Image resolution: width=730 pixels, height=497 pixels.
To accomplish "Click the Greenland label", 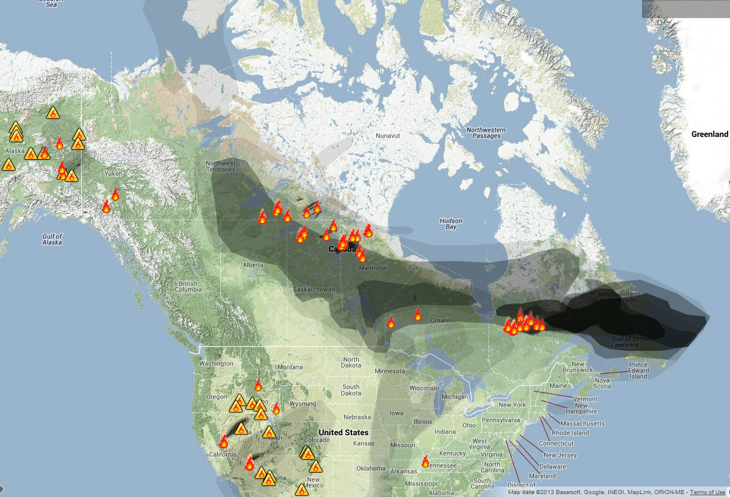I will pos(710,134).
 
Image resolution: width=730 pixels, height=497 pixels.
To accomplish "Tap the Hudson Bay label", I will pos(451,224).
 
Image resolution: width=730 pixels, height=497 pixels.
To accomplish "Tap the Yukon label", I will pos(113,174).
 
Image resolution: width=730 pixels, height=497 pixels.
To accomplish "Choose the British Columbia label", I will pos(188,287).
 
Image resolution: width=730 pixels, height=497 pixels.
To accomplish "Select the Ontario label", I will pos(441,321).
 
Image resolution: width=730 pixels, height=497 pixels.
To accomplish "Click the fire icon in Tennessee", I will pos(425,461).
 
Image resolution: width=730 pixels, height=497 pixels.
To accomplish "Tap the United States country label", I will pos(343,432).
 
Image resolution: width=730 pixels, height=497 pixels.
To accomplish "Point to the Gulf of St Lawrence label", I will pos(625,341).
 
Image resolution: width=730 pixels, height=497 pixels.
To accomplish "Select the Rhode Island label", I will pos(570,433).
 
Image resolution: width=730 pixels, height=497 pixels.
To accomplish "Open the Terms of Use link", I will pos(707,492).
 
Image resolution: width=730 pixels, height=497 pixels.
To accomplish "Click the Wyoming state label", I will pos(302,404).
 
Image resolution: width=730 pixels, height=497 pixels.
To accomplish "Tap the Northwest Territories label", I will pos(221,166).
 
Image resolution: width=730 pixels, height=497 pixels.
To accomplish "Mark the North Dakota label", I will pos(351,363).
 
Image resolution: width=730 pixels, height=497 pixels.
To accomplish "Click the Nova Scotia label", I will pos(602,382).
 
